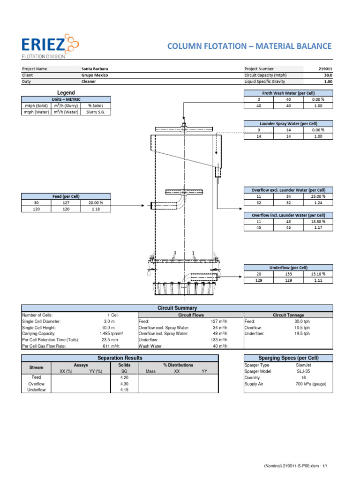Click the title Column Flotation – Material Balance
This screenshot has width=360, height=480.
coord(249,46)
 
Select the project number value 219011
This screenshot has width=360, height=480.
coord(324,68)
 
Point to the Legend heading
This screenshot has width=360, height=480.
coord(66,93)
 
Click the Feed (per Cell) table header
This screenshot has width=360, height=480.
coord(66,196)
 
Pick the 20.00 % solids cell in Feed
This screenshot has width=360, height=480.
coord(96,202)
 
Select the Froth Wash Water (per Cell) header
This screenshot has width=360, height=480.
coord(288,93)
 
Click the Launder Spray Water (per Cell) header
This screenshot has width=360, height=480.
coord(288,123)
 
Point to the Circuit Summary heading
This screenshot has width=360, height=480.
coord(177,308)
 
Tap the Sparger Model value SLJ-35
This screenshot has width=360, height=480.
coord(301,371)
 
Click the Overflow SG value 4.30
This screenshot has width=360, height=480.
coord(124,383)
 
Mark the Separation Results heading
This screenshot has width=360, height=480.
coord(120,358)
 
